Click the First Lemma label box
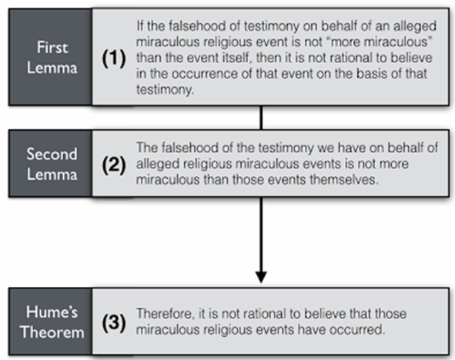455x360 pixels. point(51,57)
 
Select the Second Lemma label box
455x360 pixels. point(51,164)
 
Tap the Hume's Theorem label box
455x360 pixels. point(51,322)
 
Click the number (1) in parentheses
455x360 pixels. point(114,58)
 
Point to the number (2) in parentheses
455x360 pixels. point(114,165)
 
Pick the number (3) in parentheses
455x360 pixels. point(114,322)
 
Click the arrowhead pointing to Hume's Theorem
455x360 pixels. point(261,277)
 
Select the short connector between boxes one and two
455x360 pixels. point(261,118)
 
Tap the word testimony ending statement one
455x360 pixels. point(165,89)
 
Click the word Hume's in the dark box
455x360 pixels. point(52,312)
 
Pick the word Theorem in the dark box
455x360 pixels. point(52,332)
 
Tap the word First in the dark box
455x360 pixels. point(52,47)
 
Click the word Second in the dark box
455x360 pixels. point(52,154)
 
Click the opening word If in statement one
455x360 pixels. point(140,26)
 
